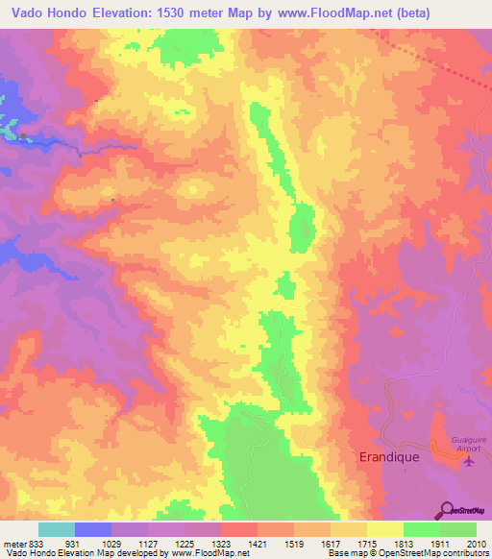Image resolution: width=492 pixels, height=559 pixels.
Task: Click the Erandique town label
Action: point(388,457)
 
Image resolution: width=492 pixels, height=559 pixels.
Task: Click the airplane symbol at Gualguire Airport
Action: point(469,463)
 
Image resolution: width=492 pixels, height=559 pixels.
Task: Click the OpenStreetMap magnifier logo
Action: point(447,509)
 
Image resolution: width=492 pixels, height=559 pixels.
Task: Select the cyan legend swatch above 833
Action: point(57,529)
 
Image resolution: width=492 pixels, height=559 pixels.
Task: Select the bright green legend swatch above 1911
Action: point(421,529)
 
